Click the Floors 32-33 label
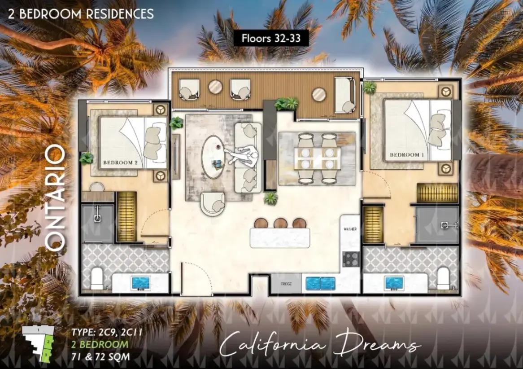(271, 39)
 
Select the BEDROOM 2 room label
(120, 163)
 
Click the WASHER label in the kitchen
(350, 229)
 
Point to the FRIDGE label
(286, 284)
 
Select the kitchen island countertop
(280, 238)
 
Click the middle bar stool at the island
(280, 223)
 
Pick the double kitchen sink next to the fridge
(321, 284)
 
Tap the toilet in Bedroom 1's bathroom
(444, 278)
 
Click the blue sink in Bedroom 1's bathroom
(394, 283)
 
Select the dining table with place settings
(317, 158)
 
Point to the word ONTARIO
(55, 198)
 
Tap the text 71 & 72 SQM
(100, 356)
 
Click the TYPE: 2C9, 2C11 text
(107, 332)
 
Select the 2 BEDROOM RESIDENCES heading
(81, 14)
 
